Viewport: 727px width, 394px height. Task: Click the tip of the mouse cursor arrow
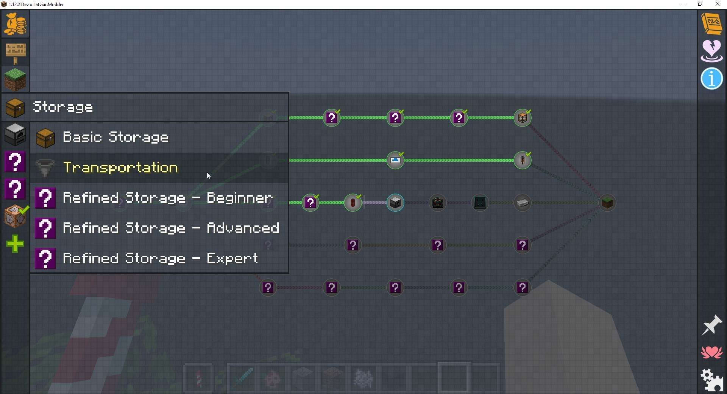(x=207, y=173)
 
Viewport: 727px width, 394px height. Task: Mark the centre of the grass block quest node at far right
(x=607, y=203)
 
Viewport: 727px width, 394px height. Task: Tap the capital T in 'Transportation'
(x=68, y=167)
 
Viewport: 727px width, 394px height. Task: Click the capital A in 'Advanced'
(x=211, y=228)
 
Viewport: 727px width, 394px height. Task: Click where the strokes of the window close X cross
(x=718, y=4)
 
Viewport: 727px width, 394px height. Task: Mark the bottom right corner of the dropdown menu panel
(x=289, y=273)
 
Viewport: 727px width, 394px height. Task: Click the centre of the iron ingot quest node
(x=523, y=203)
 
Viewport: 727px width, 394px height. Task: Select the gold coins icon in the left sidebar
(x=15, y=24)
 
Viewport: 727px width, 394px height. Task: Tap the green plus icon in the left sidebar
(x=15, y=244)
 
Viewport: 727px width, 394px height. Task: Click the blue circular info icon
(x=712, y=79)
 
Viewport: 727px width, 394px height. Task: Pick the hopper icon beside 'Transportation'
(x=45, y=168)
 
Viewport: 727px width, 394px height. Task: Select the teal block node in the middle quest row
(x=480, y=203)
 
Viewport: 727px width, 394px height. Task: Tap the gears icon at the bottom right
(x=712, y=380)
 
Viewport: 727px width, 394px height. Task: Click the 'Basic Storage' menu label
(x=116, y=137)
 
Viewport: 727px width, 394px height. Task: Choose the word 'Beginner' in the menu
(x=240, y=198)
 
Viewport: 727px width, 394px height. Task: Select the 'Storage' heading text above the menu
(x=63, y=107)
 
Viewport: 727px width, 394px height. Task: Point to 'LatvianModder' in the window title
(x=48, y=5)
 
